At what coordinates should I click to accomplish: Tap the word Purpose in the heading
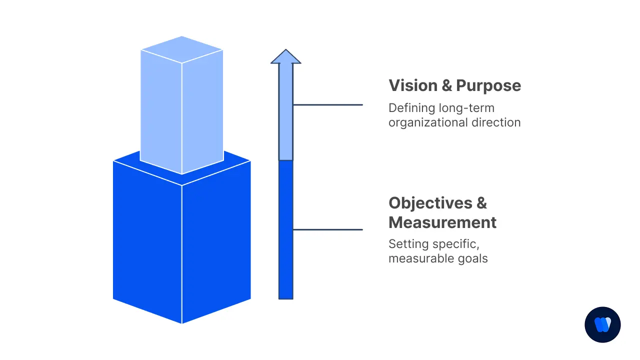click(488, 85)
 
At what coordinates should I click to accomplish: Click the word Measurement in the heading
click(442, 222)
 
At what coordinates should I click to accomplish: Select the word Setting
click(406, 244)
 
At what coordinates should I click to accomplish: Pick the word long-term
click(466, 108)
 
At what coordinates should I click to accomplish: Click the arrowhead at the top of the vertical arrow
click(286, 57)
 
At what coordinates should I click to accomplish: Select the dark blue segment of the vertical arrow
click(286, 230)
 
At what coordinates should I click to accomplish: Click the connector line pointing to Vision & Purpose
click(328, 105)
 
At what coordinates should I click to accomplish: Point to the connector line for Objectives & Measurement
click(328, 230)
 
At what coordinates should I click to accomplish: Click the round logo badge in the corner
click(602, 324)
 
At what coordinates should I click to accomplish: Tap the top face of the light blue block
click(181, 49)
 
